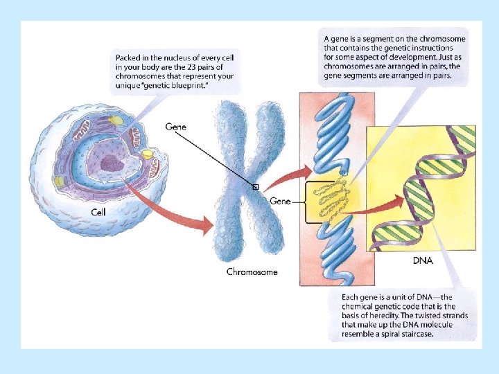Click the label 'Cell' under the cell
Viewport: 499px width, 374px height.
[x=99, y=211]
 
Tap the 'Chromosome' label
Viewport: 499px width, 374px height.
[x=252, y=272]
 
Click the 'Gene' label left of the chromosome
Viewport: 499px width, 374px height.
[x=175, y=127]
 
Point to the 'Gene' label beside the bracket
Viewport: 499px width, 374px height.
[x=280, y=201]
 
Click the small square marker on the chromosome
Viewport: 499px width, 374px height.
[x=255, y=187]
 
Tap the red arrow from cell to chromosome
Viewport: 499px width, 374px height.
[x=173, y=208]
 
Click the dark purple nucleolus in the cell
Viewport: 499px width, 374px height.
[x=110, y=163]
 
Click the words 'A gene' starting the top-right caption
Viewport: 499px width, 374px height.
[x=336, y=39]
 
